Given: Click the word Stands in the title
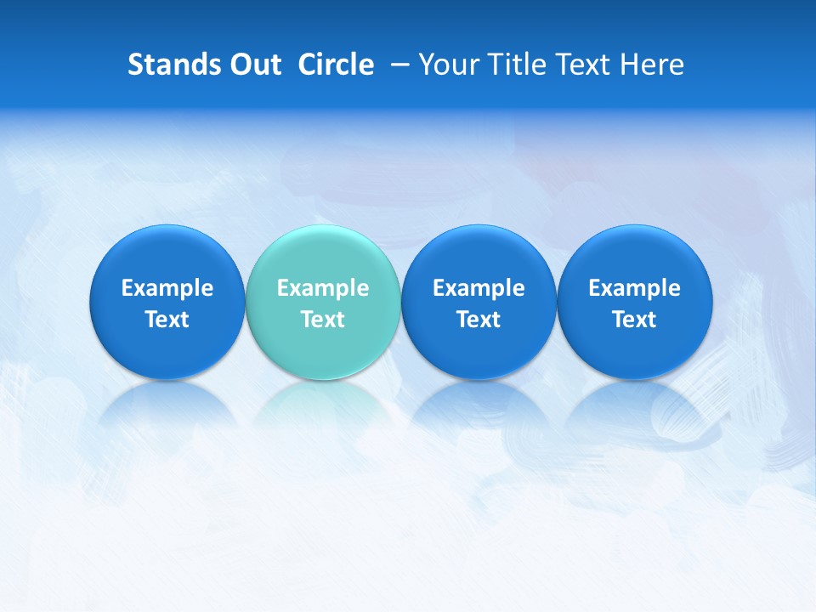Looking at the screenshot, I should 173,65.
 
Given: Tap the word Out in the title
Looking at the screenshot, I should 254,65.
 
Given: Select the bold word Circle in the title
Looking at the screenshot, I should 336,65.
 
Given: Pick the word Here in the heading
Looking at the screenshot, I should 652,65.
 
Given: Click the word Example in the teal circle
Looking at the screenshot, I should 323,288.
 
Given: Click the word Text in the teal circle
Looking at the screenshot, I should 323,320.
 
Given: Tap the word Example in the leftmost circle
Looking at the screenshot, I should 167,288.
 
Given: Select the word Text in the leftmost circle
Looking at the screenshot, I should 167,320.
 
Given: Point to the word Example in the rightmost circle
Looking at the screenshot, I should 635,288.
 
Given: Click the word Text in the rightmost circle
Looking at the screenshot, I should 635,320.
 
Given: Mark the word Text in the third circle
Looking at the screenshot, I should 479,320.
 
